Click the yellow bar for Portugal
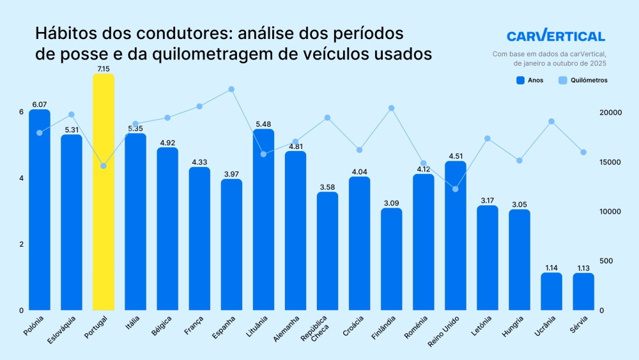(x=104, y=192)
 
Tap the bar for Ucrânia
(x=551, y=292)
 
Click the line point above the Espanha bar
(x=231, y=90)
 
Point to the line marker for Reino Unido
(x=456, y=189)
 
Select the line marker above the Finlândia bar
(x=392, y=108)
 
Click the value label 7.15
(x=104, y=68)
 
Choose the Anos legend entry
(x=530, y=81)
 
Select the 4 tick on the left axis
(x=21, y=178)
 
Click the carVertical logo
(x=555, y=36)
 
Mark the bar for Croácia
(x=360, y=243)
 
